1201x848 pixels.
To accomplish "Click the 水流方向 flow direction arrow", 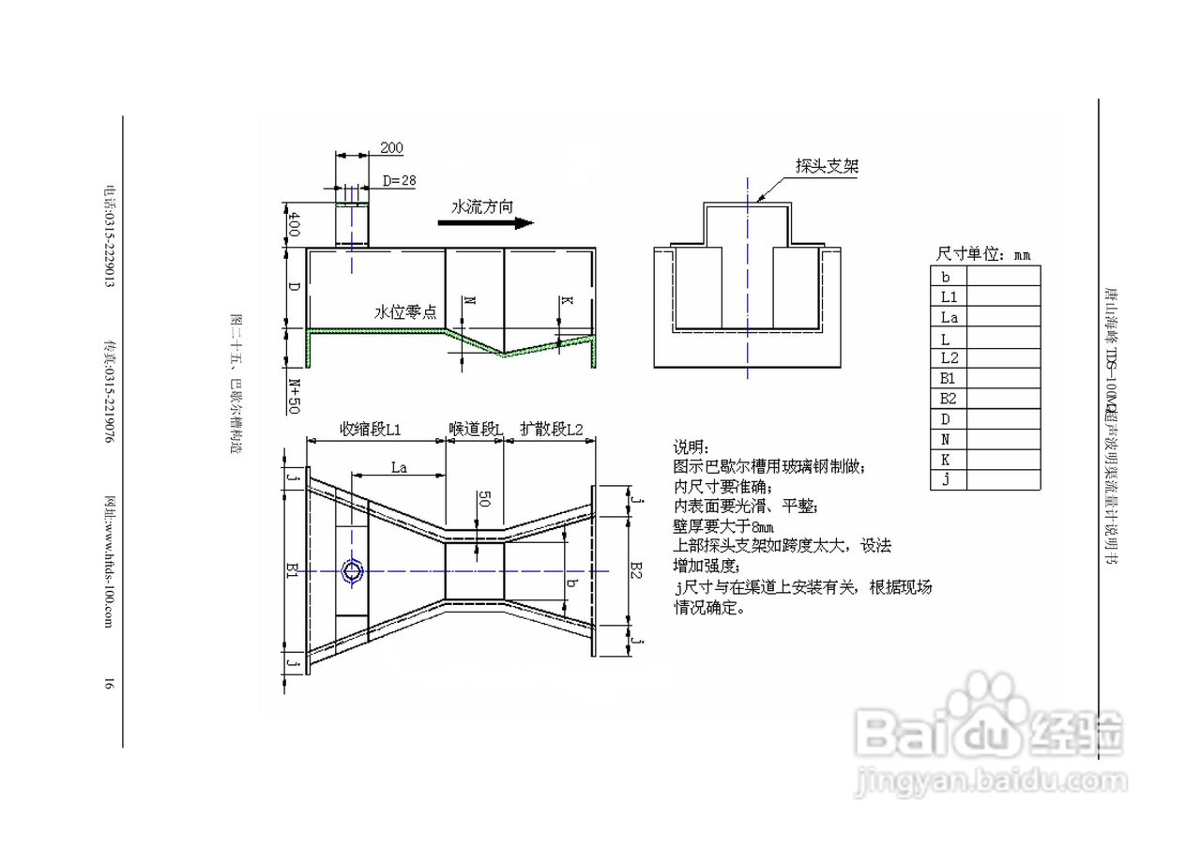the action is click(x=485, y=223).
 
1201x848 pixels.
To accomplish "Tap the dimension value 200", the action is click(x=391, y=147).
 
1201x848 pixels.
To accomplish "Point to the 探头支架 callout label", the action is click(x=827, y=167).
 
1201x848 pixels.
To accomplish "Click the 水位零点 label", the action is click(x=405, y=313).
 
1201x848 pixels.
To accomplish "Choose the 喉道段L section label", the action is click(x=475, y=429).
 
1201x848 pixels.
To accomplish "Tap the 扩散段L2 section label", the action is click(x=552, y=429).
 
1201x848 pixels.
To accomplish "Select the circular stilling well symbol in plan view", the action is click(x=352, y=570).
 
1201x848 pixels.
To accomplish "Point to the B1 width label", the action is click(x=292, y=569).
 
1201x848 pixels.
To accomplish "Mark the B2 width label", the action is click(x=635, y=569).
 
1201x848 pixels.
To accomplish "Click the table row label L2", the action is click(x=948, y=357).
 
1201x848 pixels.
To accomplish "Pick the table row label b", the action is click(x=946, y=276).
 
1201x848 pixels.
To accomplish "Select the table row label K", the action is click(x=946, y=460).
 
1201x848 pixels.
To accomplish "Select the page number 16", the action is click(x=109, y=685).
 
